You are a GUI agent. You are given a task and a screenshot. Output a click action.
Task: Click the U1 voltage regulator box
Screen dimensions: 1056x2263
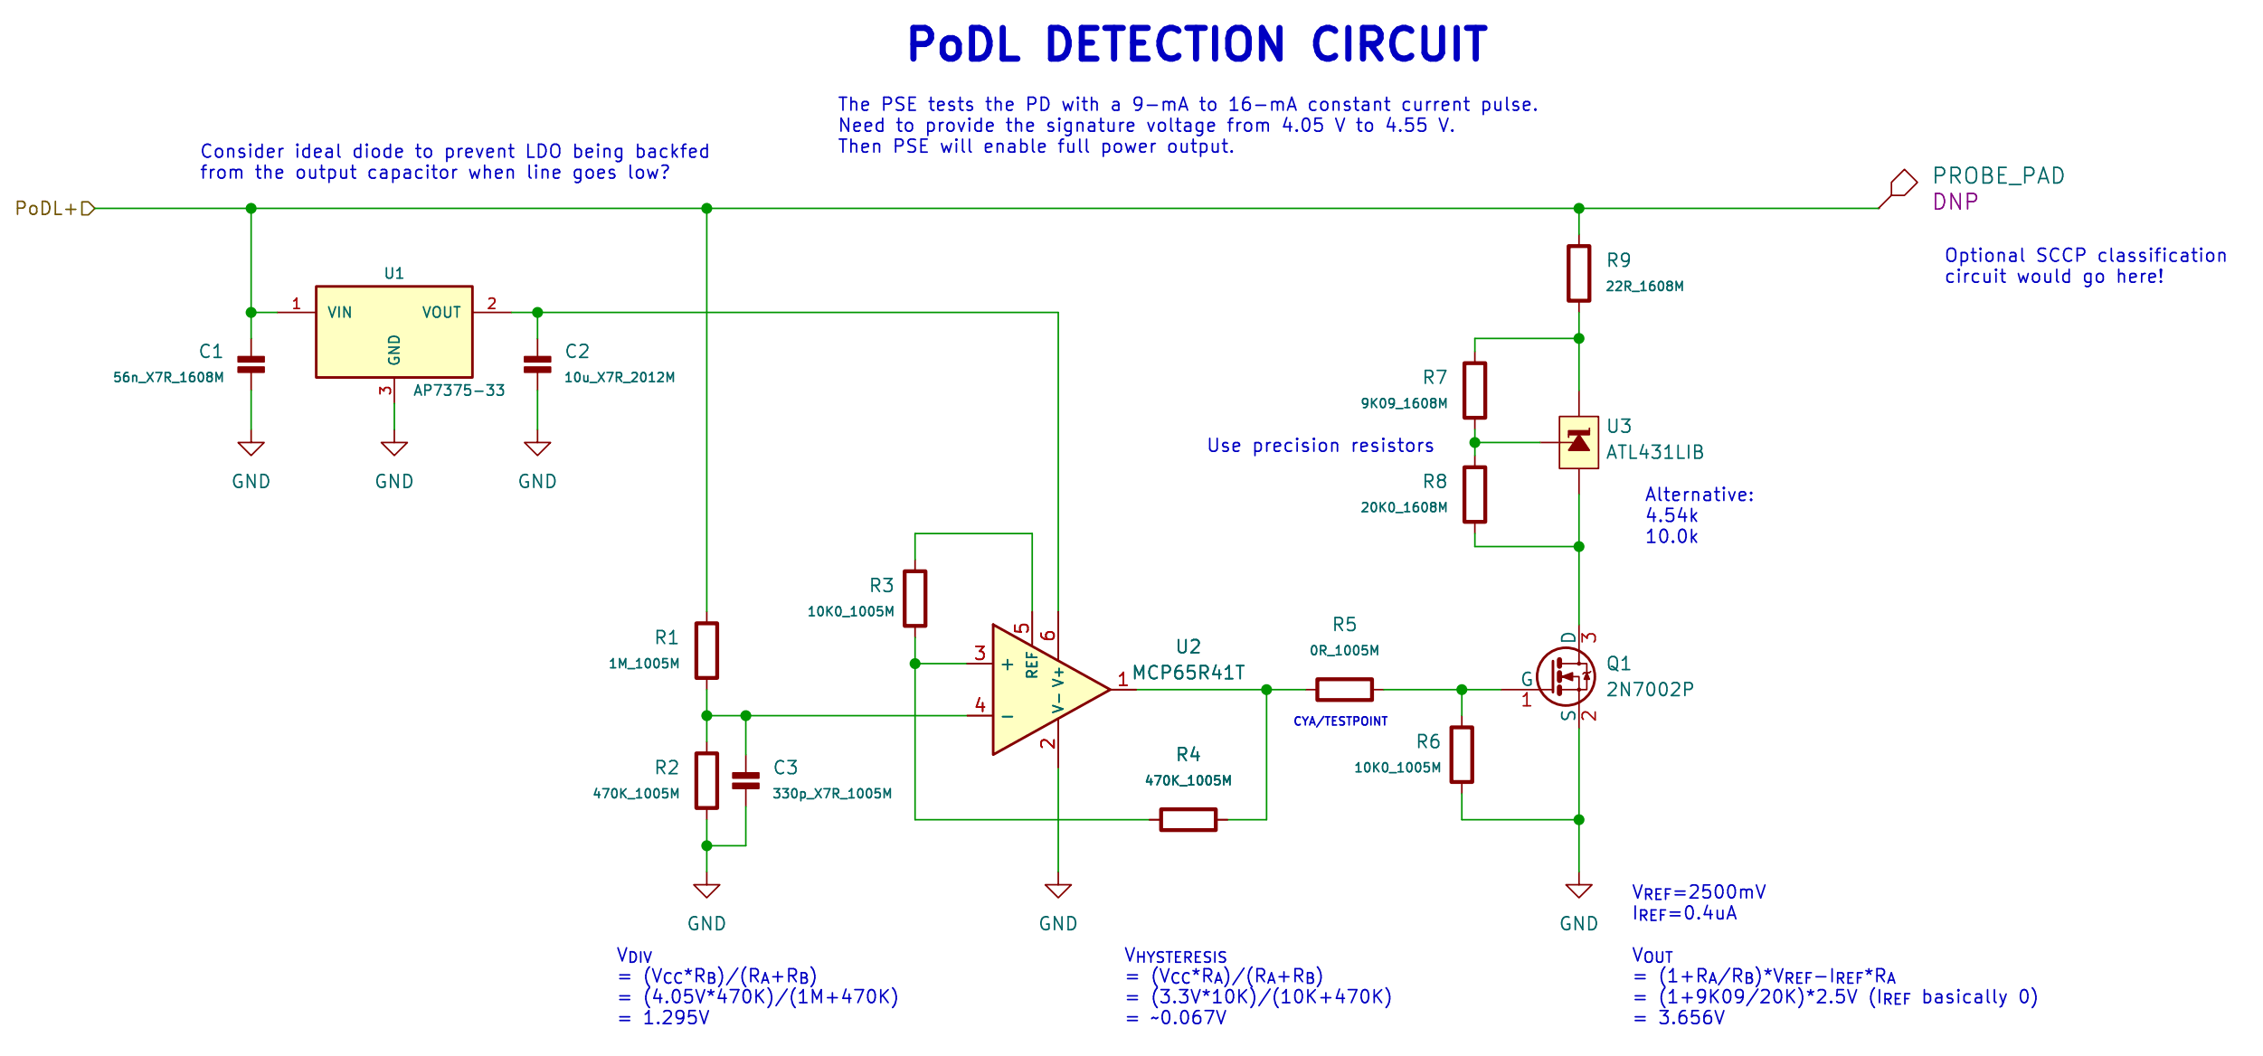tap(393, 332)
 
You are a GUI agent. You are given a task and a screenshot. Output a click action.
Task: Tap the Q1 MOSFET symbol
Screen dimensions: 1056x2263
tap(1567, 676)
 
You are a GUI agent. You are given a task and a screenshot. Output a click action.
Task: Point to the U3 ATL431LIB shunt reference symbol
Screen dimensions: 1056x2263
tap(1578, 442)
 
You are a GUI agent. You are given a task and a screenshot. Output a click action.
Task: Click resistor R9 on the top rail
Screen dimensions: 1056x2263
tap(1578, 273)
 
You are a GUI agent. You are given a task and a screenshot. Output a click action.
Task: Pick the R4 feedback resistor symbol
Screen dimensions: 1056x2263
tap(1188, 819)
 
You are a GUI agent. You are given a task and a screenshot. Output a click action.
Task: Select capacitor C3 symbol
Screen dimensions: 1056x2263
tap(745, 780)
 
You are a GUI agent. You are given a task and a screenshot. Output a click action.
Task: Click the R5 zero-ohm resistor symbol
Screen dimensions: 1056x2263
tap(1344, 690)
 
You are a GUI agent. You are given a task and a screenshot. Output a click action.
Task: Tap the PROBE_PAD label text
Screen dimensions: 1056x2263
tap(1998, 176)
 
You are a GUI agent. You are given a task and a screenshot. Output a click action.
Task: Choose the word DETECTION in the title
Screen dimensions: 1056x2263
tap(1165, 45)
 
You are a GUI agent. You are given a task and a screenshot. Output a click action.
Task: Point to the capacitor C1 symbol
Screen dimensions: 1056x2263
tap(251, 364)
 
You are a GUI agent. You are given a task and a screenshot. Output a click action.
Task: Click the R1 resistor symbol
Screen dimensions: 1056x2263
tap(706, 650)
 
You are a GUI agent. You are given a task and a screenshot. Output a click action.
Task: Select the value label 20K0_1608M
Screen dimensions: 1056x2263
tap(1404, 508)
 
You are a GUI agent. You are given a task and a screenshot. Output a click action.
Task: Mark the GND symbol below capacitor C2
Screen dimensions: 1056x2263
tap(537, 449)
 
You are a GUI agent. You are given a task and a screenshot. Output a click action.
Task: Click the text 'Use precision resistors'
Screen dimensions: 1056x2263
tap(1321, 446)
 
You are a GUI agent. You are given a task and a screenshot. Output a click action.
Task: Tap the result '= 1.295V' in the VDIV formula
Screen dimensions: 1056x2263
tap(664, 1018)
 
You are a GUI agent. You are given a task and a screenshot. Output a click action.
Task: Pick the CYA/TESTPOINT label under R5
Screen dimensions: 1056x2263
tap(1340, 721)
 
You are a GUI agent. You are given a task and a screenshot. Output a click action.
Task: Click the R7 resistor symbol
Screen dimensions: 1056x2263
tap(1474, 391)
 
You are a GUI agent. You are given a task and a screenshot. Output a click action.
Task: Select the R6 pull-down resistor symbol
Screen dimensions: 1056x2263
tap(1462, 754)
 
